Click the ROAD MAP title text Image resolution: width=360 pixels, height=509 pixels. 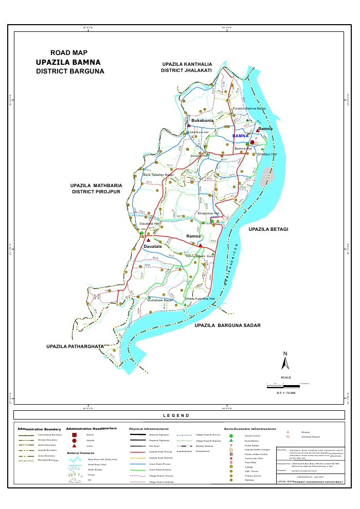[x=69, y=52]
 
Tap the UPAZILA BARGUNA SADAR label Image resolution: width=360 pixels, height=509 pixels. [x=227, y=325]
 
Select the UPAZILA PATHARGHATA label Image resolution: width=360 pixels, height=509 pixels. [x=75, y=347]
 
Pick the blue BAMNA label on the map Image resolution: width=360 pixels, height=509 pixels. [x=240, y=136]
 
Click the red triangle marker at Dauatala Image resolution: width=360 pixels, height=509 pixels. [x=148, y=240]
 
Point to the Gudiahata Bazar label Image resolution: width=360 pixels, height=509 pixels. [x=159, y=300]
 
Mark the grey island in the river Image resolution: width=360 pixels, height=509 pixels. [x=266, y=177]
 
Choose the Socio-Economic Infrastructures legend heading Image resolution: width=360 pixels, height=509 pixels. [x=249, y=428]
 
